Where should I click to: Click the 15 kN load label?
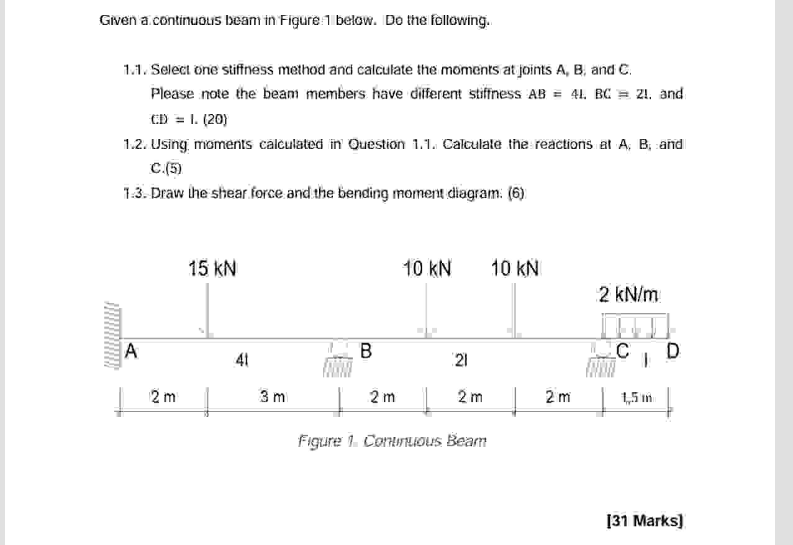212,269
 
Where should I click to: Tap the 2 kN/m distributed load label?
628,294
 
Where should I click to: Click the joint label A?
130,351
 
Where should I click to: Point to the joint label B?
366,351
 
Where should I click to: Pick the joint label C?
623,351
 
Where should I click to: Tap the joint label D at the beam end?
673,351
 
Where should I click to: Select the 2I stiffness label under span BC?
460,359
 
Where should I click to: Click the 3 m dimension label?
273,397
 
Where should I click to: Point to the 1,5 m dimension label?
637,397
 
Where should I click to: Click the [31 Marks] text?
644,520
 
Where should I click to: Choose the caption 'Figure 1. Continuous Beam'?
392,441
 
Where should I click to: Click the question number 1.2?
136,145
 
